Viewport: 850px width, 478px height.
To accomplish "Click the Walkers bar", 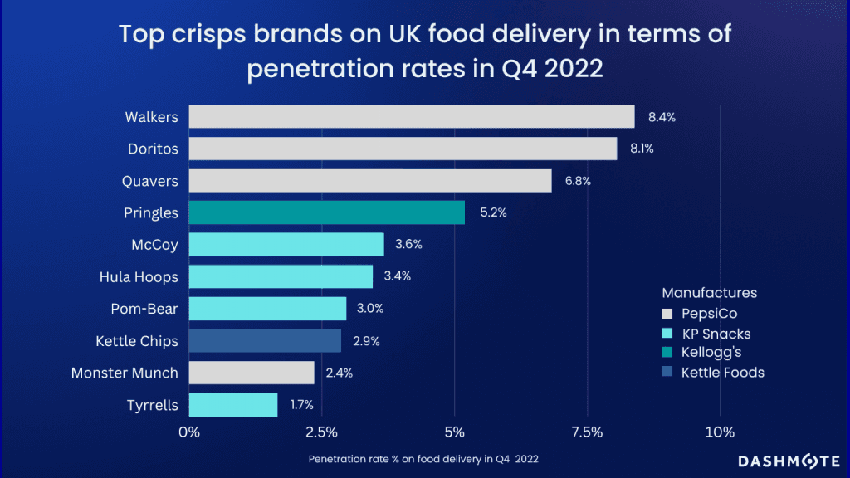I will click(412, 117).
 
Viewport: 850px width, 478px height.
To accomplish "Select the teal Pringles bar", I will click(327, 212).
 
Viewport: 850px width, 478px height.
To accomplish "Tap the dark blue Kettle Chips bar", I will click(265, 340).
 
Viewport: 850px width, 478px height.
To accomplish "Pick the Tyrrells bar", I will click(233, 404).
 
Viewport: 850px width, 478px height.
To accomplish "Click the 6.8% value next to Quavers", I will click(577, 181).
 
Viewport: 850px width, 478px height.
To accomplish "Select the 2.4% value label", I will click(339, 373).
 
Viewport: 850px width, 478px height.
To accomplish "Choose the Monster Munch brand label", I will click(125, 373).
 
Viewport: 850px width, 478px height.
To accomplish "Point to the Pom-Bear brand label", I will click(144, 309).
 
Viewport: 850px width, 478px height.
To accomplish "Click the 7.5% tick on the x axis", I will click(587, 432).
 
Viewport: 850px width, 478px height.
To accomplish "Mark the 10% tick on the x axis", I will click(720, 432).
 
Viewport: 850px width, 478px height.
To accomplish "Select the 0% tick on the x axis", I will click(189, 432).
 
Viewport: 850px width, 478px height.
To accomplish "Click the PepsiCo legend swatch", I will click(667, 314).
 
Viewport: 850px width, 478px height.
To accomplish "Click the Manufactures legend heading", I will click(710, 293).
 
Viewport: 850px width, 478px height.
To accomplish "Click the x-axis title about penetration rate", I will click(428, 458).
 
